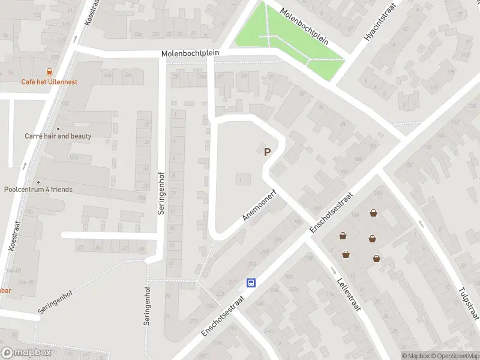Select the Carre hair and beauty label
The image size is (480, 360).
(x=58, y=136)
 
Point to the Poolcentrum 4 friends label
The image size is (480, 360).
(x=38, y=190)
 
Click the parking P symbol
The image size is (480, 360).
(x=267, y=152)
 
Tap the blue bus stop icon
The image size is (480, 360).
(x=252, y=283)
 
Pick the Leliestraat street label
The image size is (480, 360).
(x=347, y=294)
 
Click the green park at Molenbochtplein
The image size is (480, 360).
(x=288, y=36)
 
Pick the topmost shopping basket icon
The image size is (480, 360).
(x=374, y=213)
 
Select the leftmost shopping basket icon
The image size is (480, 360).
(x=343, y=236)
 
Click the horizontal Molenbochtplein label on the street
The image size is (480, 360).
(x=190, y=53)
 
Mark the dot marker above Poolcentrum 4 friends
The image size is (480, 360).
(x=38, y=182)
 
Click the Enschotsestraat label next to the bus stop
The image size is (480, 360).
(x=223, y=315)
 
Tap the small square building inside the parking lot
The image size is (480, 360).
(x=242, y=178)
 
